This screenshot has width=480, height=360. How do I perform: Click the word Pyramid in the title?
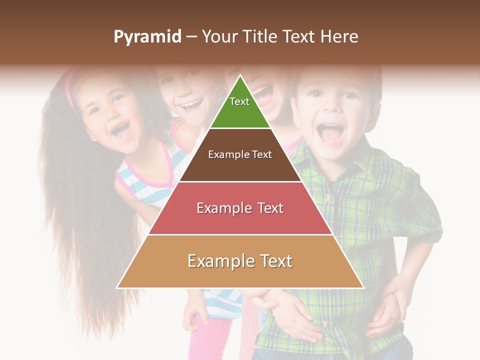pyautogui.click(x=147, y=37)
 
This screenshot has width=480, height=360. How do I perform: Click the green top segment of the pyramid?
pyautogui.click(x=240, y=107)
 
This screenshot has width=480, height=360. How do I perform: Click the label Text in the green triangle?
pyautogui.click(x=239, y=101)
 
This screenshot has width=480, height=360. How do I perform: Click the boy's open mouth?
pyautogui.click(x=330, y=133)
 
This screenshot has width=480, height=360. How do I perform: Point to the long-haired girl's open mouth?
pyautogui.click(x=120, y=130)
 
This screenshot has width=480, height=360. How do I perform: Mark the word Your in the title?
pyautogui.click(x=219, y=37)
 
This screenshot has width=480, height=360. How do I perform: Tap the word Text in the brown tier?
pyautogui.click(x=262, y=154)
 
